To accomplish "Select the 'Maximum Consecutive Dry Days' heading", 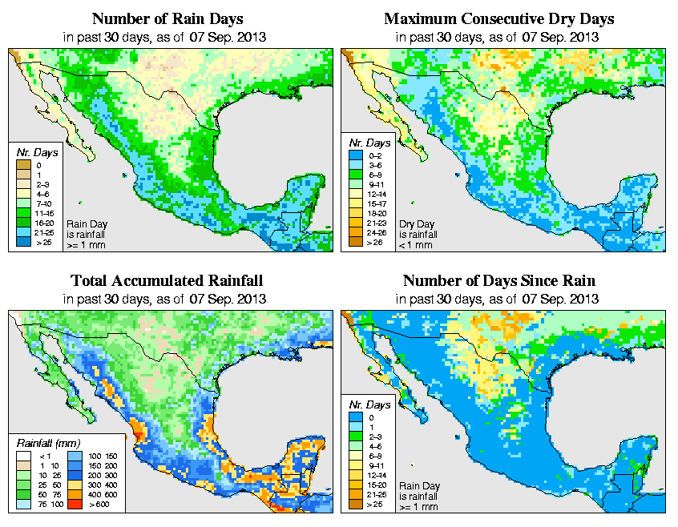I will point(499,18).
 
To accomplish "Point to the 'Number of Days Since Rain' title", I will point(499,281).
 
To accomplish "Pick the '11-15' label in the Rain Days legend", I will point(42,213).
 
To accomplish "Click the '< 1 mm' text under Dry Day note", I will point(417,244).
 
